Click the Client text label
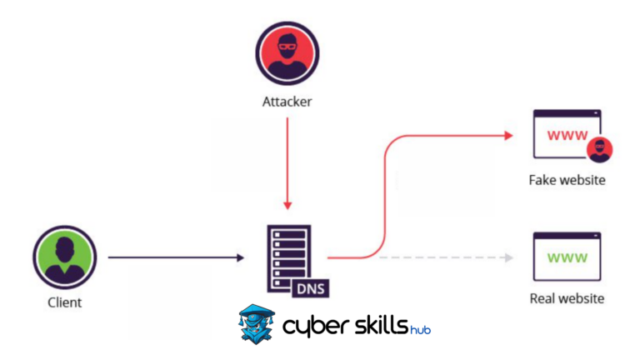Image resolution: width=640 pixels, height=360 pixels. (65, 302)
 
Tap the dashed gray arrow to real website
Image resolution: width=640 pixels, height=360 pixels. (442, 258)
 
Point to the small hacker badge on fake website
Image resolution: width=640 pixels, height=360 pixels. (599, 151)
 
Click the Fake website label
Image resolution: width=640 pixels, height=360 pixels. (566, 180)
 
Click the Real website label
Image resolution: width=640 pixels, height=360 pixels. (567, 298)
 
